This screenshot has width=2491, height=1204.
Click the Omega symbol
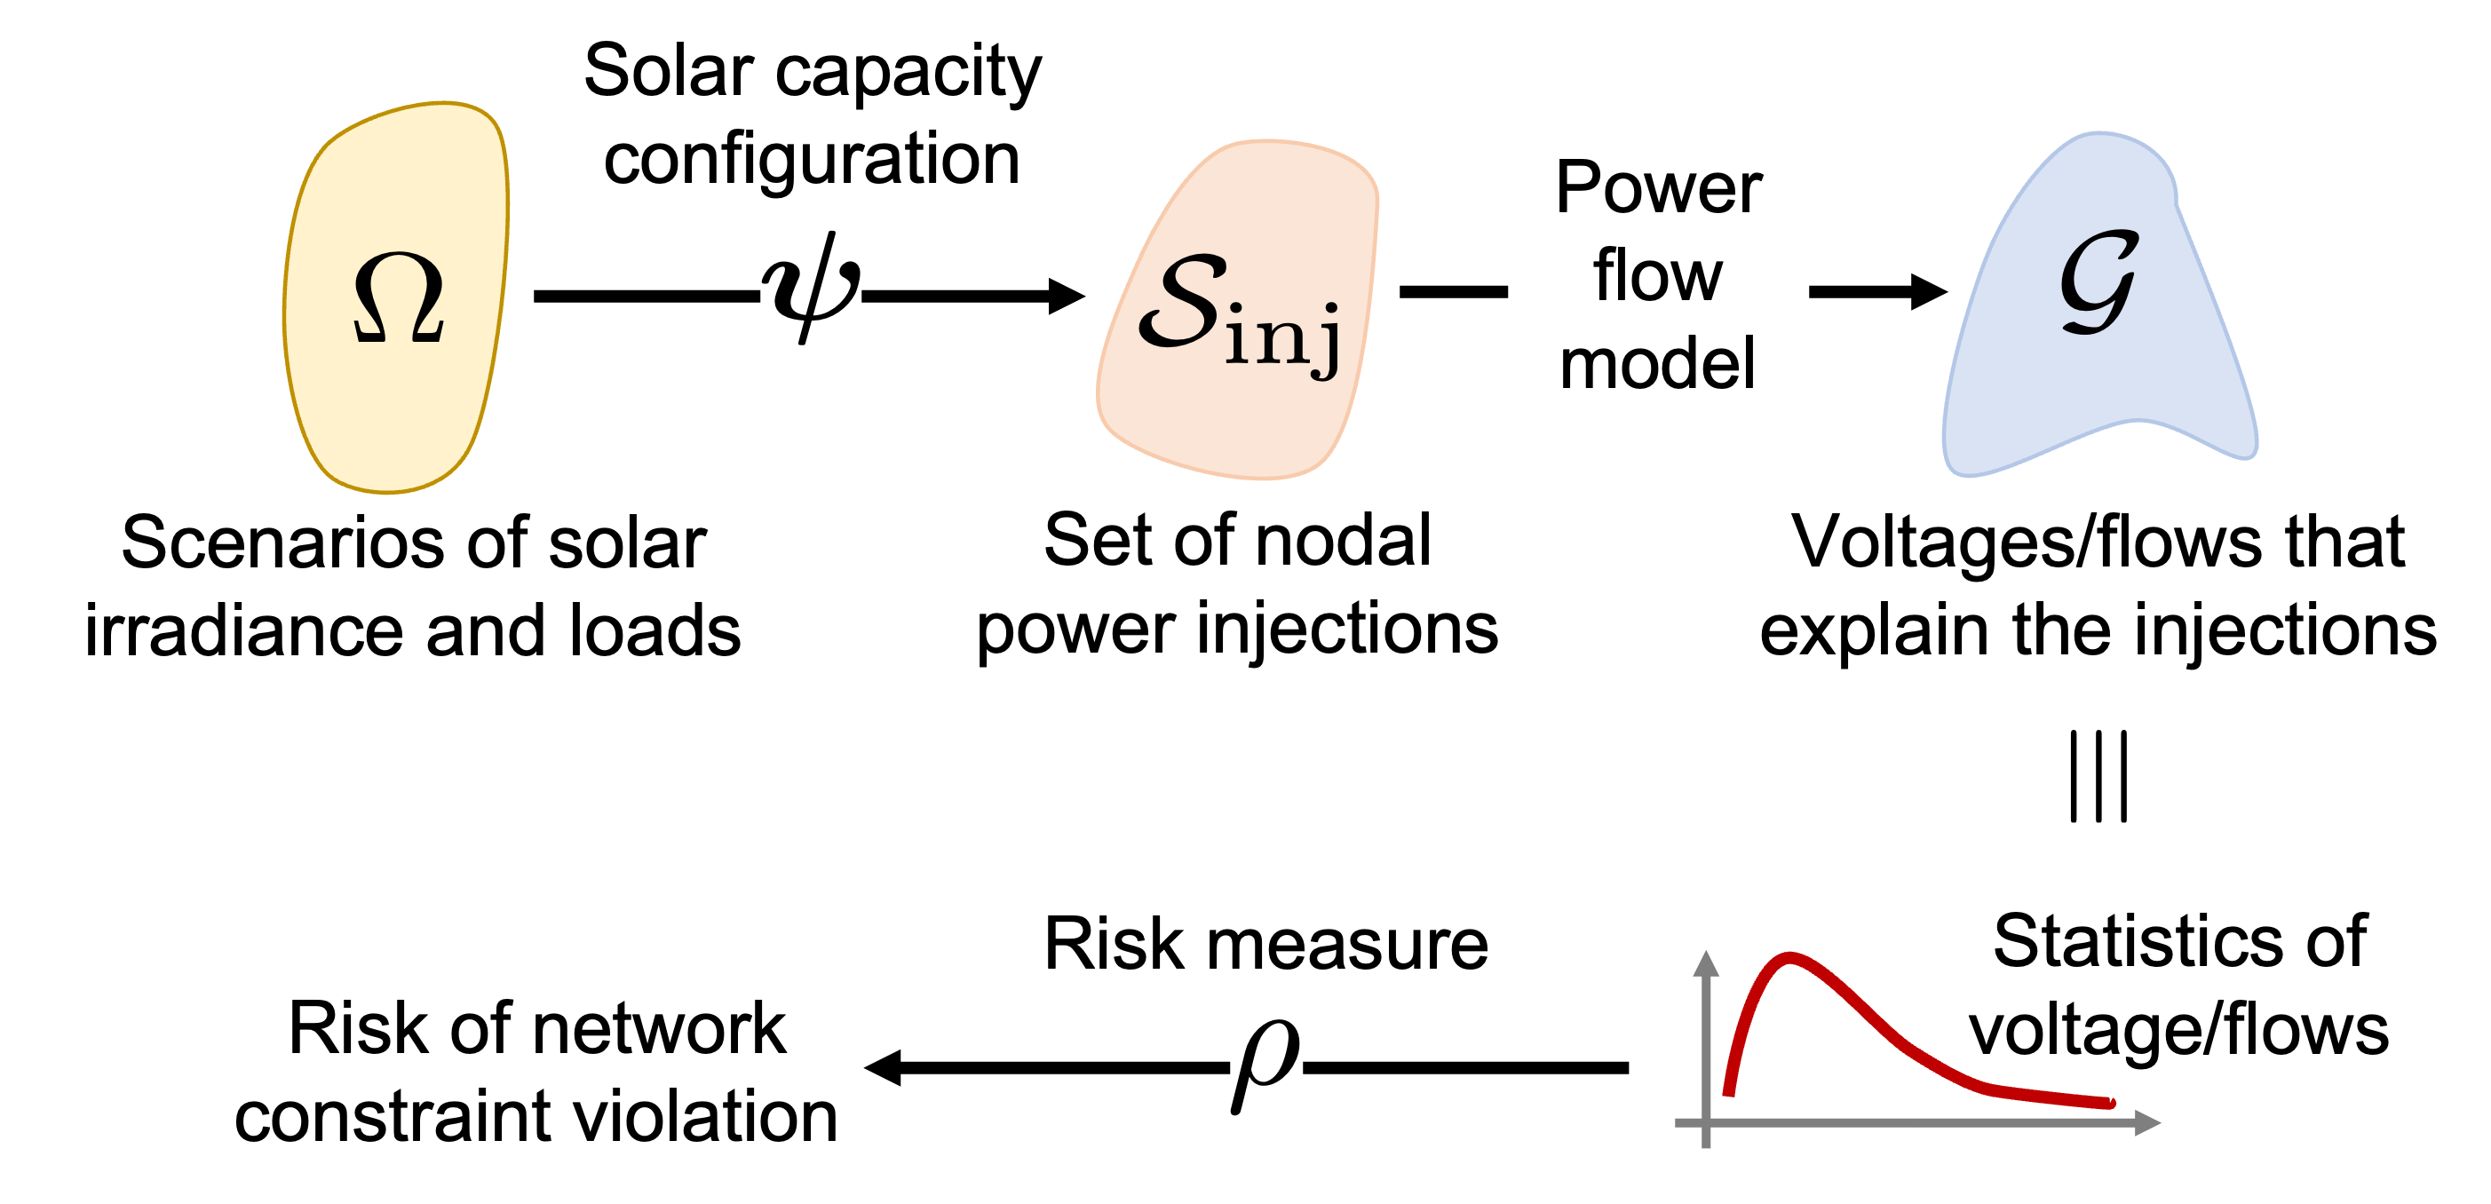point(399,297)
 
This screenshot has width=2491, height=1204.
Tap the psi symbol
point(810,286)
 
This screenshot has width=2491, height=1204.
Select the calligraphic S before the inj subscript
point(1182,302)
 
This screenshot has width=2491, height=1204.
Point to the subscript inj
point(1282,336)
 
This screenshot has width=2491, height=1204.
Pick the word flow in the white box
point(1657,275)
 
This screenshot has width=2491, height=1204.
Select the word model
point(1657,364)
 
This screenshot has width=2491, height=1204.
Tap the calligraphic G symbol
point(2098,282)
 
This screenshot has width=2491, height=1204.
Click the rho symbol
point(1265,1066)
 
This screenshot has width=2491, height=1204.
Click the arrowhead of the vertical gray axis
point(1706,962)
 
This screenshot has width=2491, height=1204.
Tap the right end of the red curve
point(2110,1103)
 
